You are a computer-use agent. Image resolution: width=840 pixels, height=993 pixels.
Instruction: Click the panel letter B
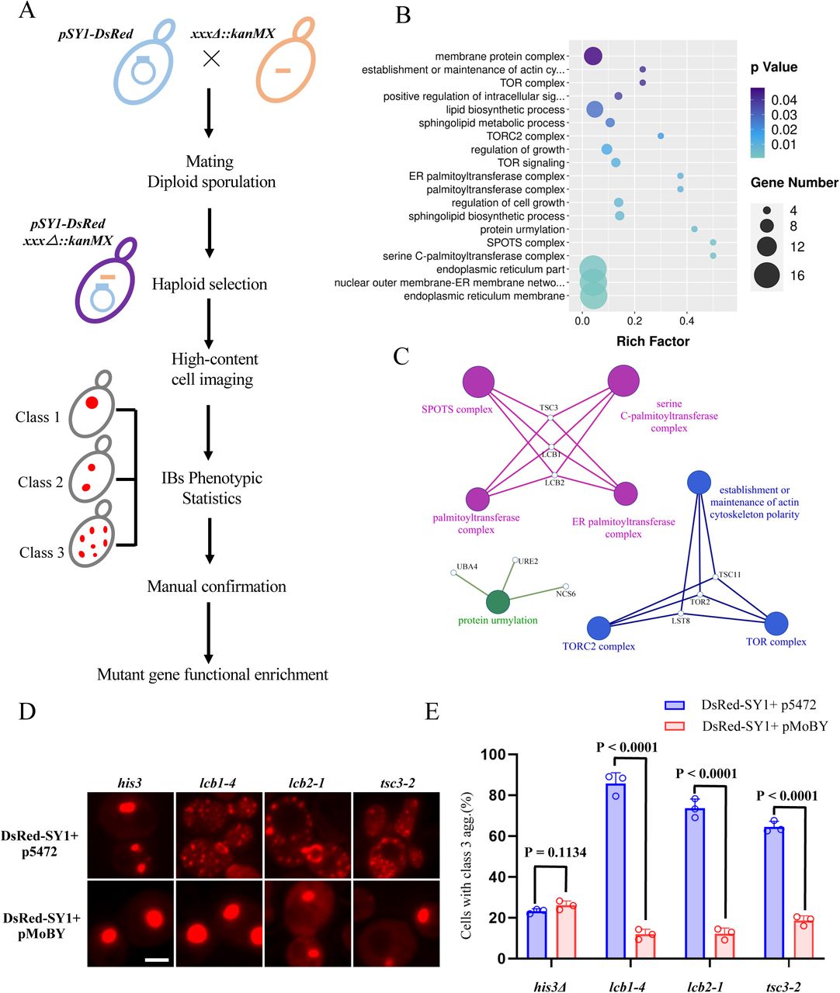click(403, 16)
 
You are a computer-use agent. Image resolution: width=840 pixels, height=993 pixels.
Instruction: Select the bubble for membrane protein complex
click(593, 57)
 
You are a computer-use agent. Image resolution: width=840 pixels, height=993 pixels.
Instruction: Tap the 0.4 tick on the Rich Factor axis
click(686, 320)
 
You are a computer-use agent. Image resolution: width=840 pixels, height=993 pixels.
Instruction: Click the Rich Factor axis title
click(652, 341)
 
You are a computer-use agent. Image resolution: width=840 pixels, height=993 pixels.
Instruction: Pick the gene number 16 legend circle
click(767, 275)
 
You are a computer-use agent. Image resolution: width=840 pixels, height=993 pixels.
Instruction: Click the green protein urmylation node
click(498, 602)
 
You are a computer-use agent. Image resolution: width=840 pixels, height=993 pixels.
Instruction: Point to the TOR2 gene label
click(700, 601)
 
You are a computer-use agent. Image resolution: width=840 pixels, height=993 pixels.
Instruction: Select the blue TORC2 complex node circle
click(599, 628)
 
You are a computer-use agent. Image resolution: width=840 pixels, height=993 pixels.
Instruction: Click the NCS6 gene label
click(564, 594)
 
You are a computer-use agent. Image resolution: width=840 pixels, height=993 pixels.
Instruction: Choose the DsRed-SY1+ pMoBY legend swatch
click(675, 727)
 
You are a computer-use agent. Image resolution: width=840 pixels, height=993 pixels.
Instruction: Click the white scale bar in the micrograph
click(156, 960)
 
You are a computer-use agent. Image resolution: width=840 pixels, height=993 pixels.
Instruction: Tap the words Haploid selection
click(210, 284)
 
